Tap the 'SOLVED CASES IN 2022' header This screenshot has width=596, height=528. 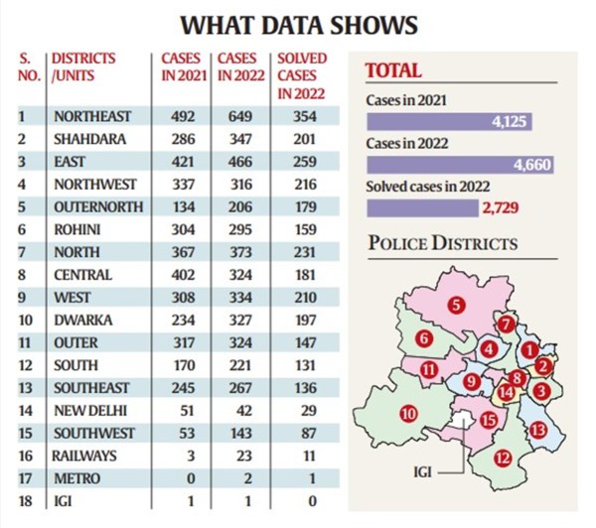pyautogui.click(x=302, y=75)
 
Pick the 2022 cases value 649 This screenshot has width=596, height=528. pyautogui.click(x=241, y=116)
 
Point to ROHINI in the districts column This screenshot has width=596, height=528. pyautogui.click(x=75, y=229)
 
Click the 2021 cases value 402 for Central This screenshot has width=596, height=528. pyautogui.click(x=181, y=274)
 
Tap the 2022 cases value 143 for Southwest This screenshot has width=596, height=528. pyautogui.click(x=241, y=433)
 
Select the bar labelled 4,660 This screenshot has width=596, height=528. pyautogui.click(x=460, y=165)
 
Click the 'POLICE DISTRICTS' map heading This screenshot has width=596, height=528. pyautogui.click(x=442, y=244)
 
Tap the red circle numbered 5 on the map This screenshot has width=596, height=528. pyautogui.click(x=455, y=306)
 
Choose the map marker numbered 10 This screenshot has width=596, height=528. pyautogui.click(x=407, y=413)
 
